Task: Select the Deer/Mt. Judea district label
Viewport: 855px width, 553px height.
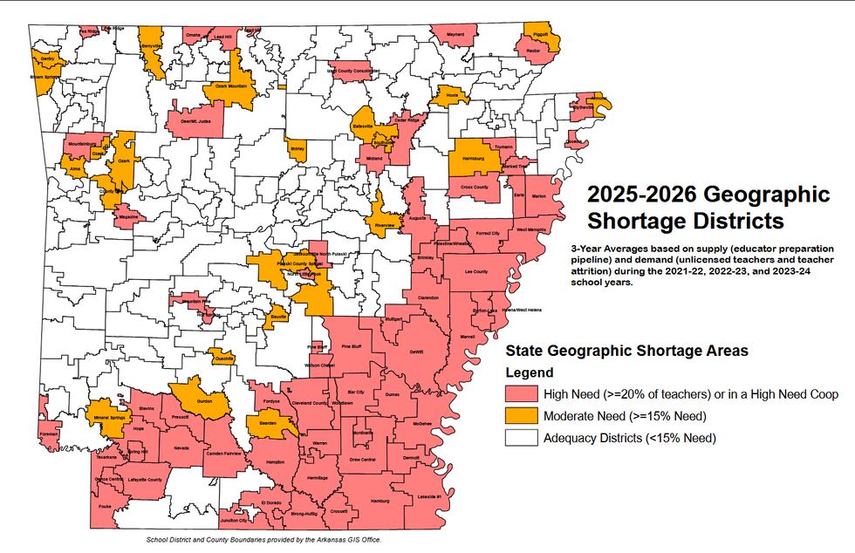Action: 195,121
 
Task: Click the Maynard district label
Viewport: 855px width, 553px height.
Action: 455,34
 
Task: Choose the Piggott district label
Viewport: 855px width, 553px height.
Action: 540,34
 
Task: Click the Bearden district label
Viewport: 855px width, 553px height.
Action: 268,424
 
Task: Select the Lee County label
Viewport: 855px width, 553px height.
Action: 475,271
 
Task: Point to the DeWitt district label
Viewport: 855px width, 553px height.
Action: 416,352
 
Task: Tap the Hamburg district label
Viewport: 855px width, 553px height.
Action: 380,502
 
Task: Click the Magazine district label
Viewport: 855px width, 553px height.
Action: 128,215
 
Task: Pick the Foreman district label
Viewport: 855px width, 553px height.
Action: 49,434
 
